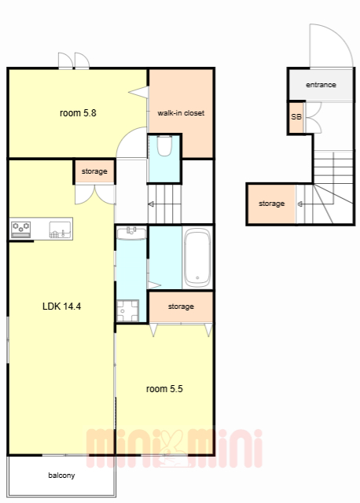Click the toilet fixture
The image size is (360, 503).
pos(164,145)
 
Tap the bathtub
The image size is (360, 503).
pos(197,258)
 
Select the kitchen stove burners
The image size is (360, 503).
pos(21,229)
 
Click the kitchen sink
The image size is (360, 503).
pos(60,229)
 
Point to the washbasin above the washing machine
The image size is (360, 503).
pos(131,233)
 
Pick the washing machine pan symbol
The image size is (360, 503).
pos(127,310)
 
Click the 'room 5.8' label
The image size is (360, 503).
pos(78,113)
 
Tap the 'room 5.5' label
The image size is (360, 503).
pos(164,389)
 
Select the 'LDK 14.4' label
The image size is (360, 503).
pos(61,307)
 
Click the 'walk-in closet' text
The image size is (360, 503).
pos(181,113)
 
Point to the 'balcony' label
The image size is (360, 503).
pos(61,475)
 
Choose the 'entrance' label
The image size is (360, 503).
pos(321,85)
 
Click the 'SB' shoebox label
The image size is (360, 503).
pos(296,117)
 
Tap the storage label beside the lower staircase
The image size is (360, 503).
pos(271,204)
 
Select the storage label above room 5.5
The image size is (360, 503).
pos(181,307)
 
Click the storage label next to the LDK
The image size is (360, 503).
pos(94,171)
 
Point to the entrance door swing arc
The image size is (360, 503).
pos(340,35)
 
